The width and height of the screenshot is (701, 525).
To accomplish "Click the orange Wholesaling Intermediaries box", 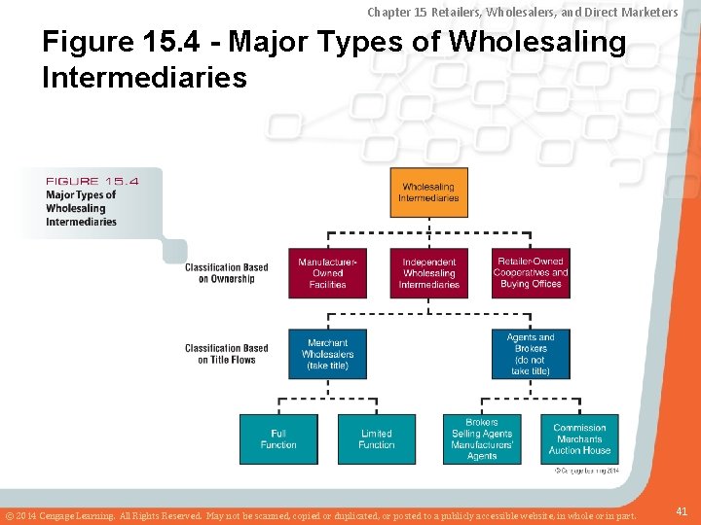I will [x=428, y=192].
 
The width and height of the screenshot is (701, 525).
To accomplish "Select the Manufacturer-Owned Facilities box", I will [x=327, y=273].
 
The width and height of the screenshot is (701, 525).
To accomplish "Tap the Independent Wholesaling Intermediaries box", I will [x=428, y=273].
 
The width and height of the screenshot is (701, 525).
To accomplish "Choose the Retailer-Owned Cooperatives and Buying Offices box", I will [x=531, y=273].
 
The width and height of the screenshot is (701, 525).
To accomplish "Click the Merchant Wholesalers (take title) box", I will [x=327, y=354].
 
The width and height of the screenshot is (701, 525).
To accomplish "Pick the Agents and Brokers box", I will [x=531, y=354].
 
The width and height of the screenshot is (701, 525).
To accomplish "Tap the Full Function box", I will [x=278, y=438].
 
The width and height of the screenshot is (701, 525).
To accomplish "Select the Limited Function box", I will [x=376, y=438].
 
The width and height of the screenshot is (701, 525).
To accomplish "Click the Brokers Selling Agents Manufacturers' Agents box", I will [x=482, y=438].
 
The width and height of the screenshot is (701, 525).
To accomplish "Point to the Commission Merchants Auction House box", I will [x=579, y=438].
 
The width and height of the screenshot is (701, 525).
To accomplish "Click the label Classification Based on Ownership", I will [x=226, y=273].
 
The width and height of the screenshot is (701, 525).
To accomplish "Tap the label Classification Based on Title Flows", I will [x=226, y=354].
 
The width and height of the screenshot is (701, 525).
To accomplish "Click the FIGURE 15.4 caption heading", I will [x=92, y=181].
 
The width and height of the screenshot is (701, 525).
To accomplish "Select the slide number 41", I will [x=682, y=509].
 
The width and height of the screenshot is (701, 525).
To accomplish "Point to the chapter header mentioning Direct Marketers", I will [x=523, y=12].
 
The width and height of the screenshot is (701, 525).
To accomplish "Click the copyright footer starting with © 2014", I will [x=321, y=514].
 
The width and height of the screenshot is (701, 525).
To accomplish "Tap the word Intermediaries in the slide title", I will [x=144, y=77].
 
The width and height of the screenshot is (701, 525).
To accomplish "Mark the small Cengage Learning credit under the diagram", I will [x=586, y=471].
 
